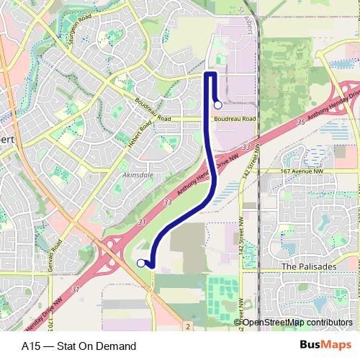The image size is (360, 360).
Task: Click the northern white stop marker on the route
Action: (218, 105)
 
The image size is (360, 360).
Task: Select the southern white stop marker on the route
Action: (140, 264)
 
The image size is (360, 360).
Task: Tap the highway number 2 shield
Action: (186, 327)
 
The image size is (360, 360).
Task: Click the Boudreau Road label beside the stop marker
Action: (235, 119)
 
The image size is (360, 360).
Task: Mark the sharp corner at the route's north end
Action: (207, 73)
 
